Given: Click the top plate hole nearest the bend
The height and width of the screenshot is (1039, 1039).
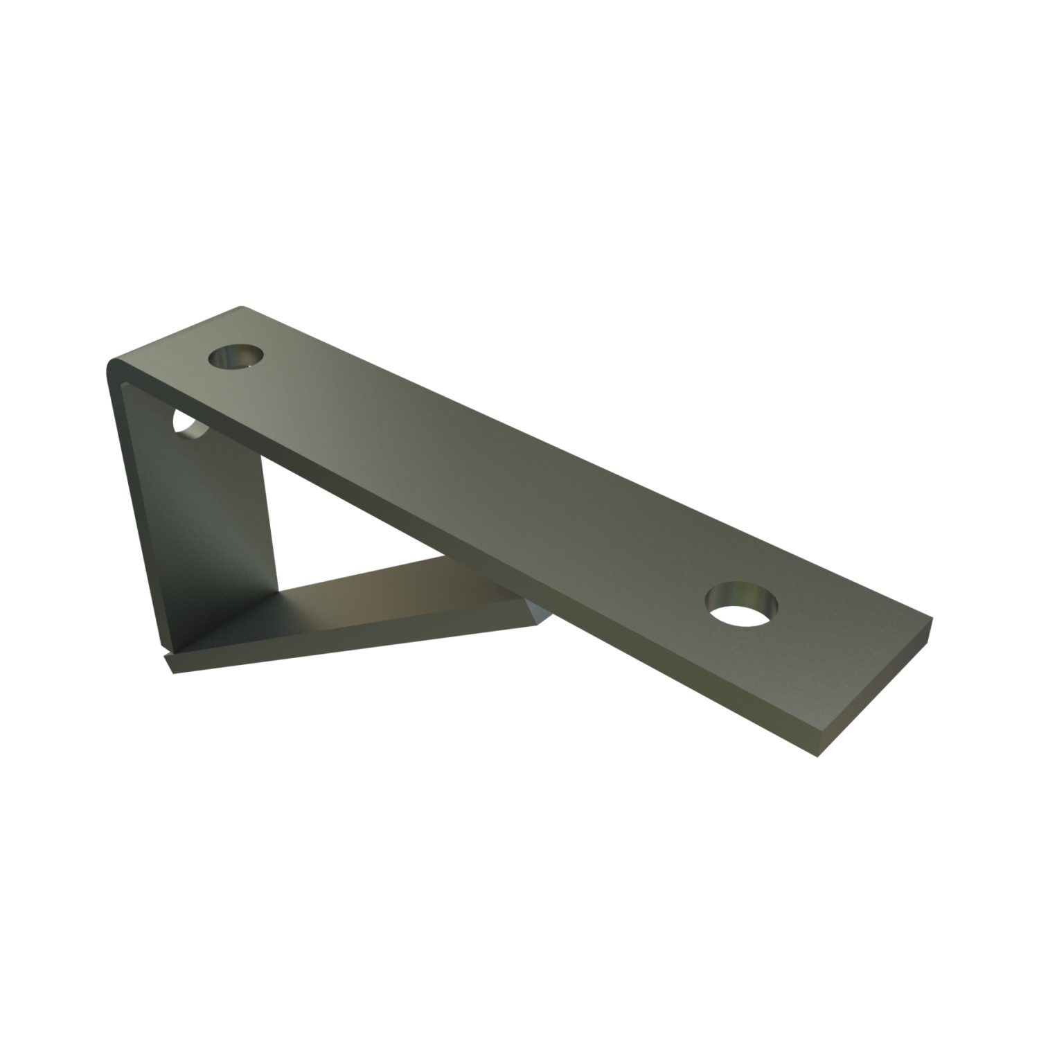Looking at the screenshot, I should click(236, 358).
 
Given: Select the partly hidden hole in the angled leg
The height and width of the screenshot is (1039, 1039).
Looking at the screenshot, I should click(189, 427).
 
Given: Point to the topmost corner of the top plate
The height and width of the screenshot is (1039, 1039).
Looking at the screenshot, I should click(241, 307).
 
